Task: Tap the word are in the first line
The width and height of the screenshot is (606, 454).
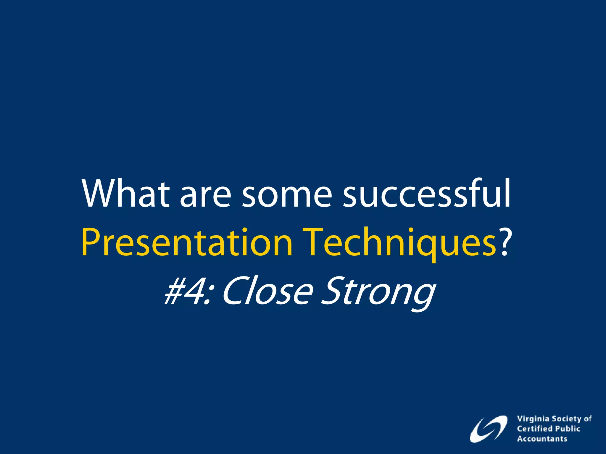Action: tap(205, 198)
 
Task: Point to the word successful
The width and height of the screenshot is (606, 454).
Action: tap(426, 194)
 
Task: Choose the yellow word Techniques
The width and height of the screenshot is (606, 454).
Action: tap(401, 242)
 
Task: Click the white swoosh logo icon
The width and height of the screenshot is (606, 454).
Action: tap(488, 429)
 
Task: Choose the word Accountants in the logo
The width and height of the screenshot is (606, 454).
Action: tap(542, 439)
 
